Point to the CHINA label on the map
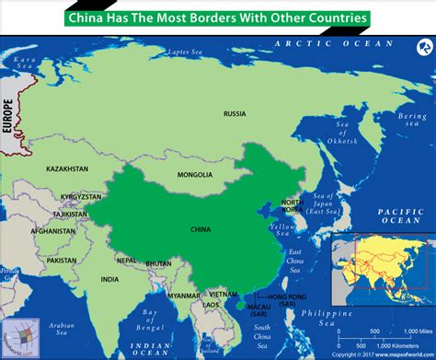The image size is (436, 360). pos(199,229)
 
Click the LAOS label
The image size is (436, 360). pos(212,303)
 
